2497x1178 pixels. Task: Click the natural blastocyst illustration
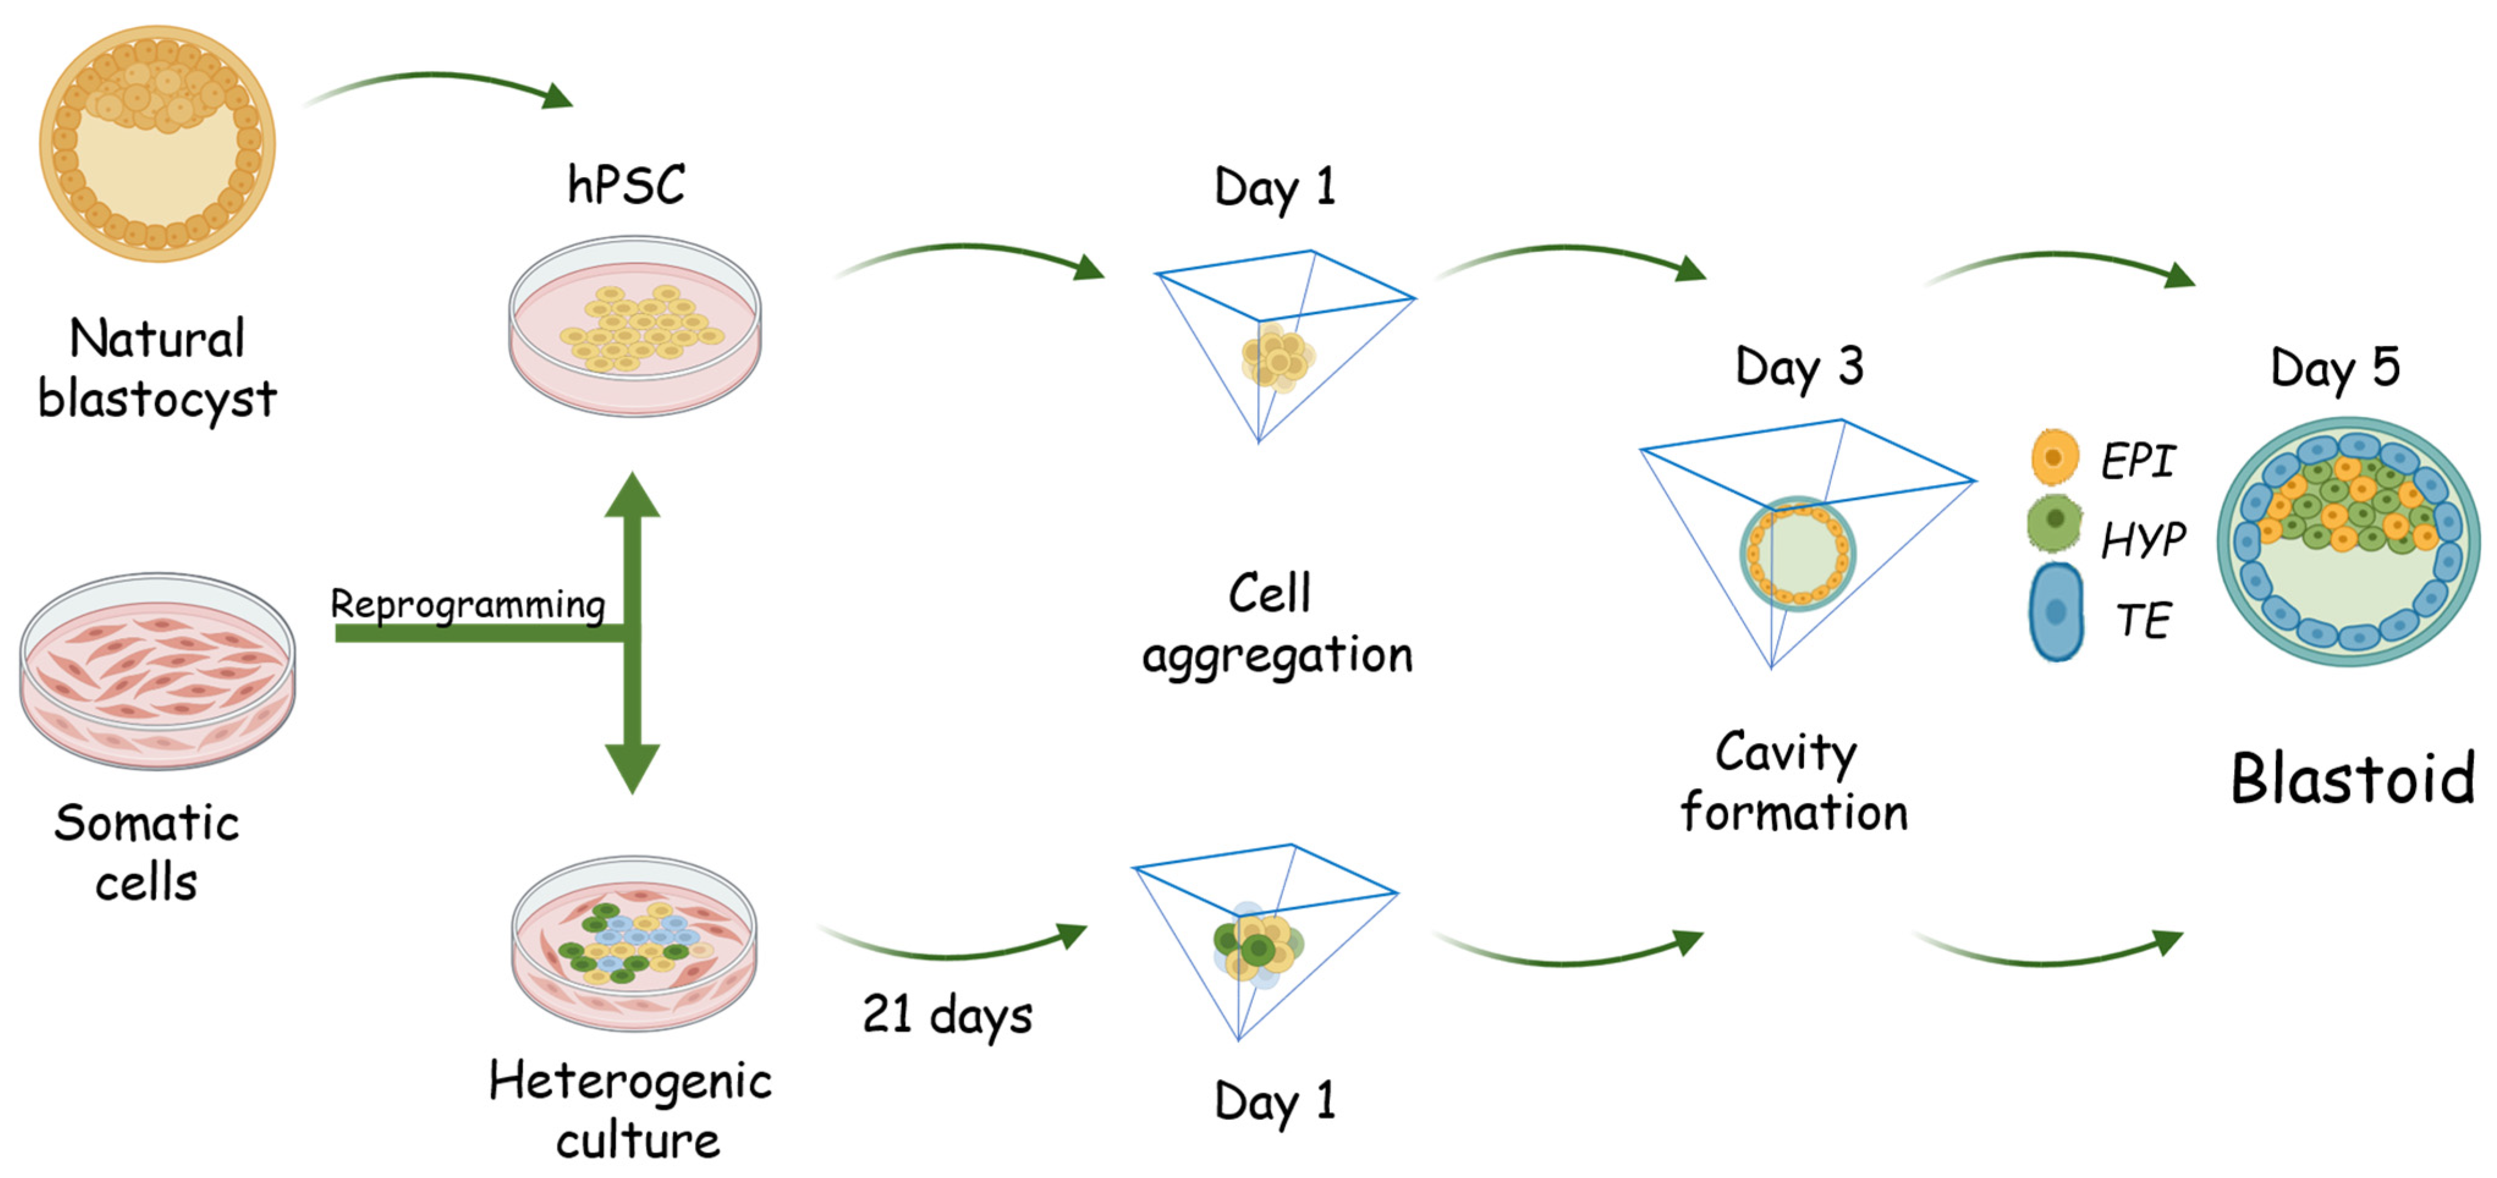click(x=157, y=144)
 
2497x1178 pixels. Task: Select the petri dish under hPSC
click(x=635, y=327)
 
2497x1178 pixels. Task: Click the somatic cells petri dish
click(x=157, y=670)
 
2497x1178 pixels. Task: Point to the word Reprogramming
click(x=468, y=604)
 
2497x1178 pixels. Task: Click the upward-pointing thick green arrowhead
click(x=632, y=496)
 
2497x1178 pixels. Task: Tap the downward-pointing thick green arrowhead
click(x=632, y=768)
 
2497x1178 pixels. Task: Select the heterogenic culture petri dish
click(x=635, y=942)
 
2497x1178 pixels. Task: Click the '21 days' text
click(x=947, y=1015)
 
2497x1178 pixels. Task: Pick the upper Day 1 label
click(x=1275, y=187)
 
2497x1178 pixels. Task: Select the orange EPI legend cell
click(x=2054, y=456)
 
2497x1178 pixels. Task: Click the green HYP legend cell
click(x=2054, y=522)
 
